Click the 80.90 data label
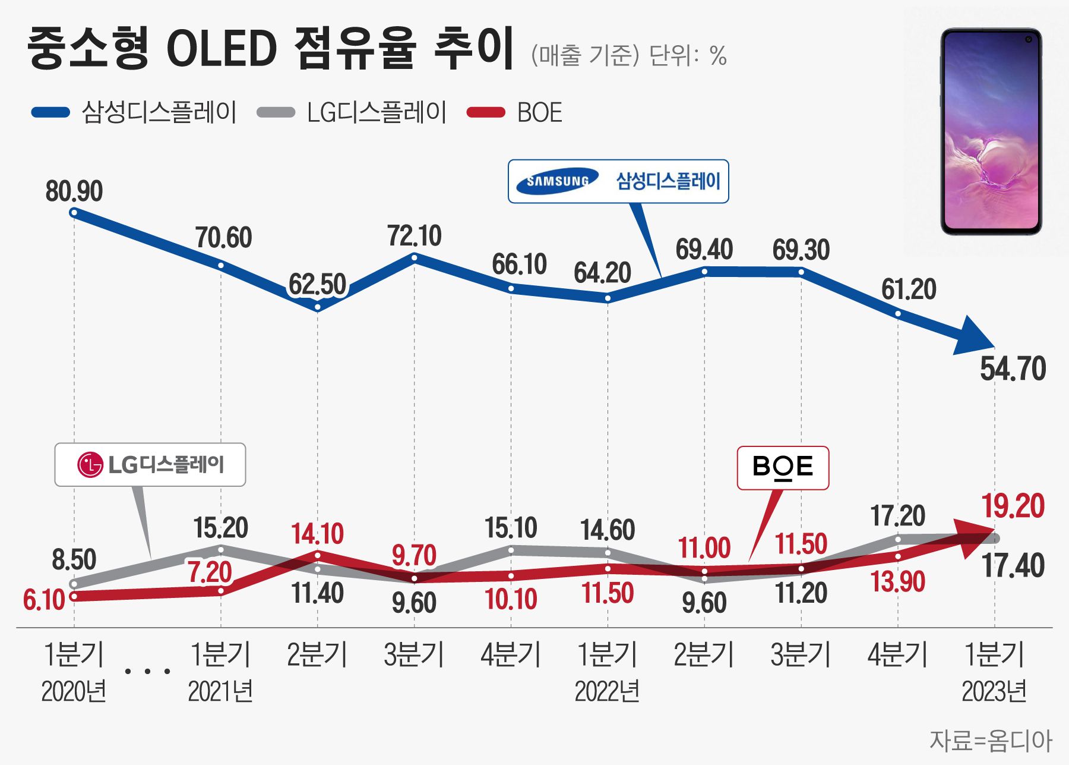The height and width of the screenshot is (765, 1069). pyautogui.click(x=74, y=191)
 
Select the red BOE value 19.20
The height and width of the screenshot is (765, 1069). pyautogui.click(x=1013, y=506)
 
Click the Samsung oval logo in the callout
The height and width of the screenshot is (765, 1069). pyautogui.click(x=557, y=181)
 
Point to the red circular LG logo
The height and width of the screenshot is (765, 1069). pyautogui.click(x=90, y=465)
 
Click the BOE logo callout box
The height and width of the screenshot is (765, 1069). pyautogui.click(x=783, y=468)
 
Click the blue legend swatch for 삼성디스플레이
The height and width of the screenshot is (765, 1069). pyautogui.click(x=50, y=112)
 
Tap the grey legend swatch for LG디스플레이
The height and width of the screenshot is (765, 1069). pyautogui.click(x=276, y=112)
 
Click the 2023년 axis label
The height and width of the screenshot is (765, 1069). pyautogui.click(x=994, y=692)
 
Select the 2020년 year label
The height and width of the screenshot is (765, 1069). pyautogui.click(x=74, y=692)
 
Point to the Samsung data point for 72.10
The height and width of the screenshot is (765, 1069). pyautogui.click(x=415, y=257)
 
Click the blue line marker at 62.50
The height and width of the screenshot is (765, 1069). pyautogui.click(x=317, y=307)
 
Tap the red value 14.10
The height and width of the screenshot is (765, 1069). pyautogui.click(x=317, y=534)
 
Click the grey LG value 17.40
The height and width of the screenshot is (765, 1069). pyautogui.click(x=1013, y=565)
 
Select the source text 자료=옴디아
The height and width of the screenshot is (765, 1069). pyautogui.click(x=990, y=741)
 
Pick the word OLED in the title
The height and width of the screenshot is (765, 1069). pyautogui.click(x=222, y=49)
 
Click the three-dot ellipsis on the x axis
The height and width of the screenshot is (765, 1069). pyautogui.click(x=148, y=671)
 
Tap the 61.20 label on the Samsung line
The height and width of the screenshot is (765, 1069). pyautogui.click(x=908, y=289)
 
